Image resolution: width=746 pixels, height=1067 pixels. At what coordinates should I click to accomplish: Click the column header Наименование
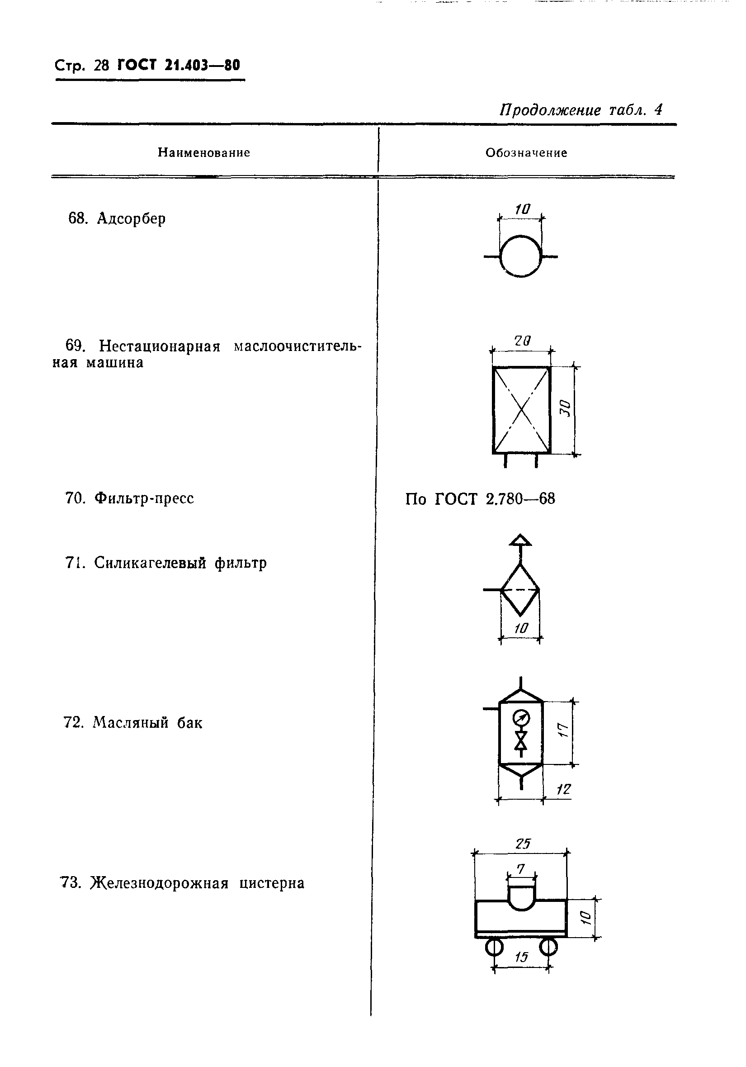(x=204, y=153)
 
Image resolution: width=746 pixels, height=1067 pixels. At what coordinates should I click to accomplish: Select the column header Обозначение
(x=526, y=153)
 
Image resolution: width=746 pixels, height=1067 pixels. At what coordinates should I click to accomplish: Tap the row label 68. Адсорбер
(x=117, y=218)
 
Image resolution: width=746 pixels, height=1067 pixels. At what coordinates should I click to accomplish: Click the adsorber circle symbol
(x=521, y=256)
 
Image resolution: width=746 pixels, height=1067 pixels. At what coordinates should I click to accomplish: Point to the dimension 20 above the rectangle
(x=522, y=341)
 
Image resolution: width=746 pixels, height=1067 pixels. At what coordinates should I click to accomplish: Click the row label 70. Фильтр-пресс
(x=129, y=498)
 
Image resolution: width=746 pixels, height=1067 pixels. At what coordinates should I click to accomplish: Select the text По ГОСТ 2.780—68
(x=480, y=499)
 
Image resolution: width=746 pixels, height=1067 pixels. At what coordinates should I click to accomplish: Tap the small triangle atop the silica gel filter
(x=520, y=540)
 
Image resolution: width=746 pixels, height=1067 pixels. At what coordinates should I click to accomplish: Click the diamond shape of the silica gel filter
(x=520, y=590)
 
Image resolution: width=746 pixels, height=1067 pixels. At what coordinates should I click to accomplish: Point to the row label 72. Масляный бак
(x=133, y=723)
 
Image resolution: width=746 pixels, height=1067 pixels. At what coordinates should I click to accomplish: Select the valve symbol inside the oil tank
(x=521, y=741)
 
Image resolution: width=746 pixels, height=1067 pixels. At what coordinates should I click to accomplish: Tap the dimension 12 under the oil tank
(x=563, y=789)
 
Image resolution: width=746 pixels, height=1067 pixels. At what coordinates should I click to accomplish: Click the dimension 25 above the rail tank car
(x=523, y=844)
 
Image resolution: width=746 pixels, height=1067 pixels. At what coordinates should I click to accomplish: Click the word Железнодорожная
(x=159, y=883)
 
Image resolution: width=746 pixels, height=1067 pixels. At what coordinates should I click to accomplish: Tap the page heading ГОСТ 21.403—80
(x=179, y=65)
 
